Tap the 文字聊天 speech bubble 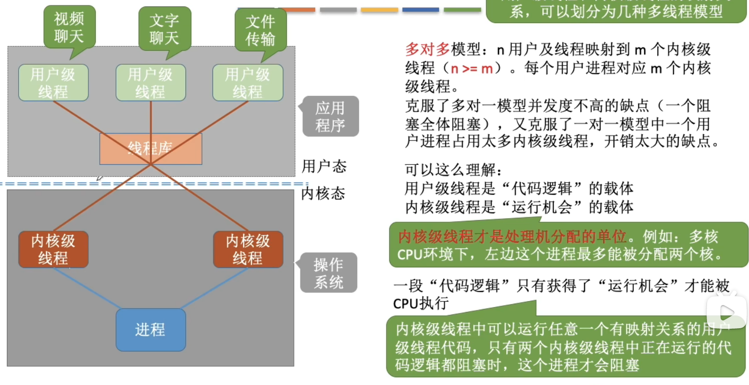click(x=165, y=28)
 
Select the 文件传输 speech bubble click(x=260, y=30)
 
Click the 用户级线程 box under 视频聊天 click(x=53, y=82)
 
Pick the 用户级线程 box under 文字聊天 click(x=151, y=82)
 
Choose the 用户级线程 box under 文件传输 click(x=248, y=82)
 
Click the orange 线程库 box click(x=151, y=149)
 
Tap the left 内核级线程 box click(x=53, y=249)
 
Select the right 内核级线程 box click(x=248, y=249)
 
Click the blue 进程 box click(x=151, y=330)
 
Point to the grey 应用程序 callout click(x=330, y=116)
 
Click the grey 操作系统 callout click(x=329, y=273)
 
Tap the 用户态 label click(x=324, y=167)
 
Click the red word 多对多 click(x=427, y=49)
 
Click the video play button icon click(x=726, y=312)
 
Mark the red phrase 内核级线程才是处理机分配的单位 click(x=512, y=237)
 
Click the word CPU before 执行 click(x=406, y=304)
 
